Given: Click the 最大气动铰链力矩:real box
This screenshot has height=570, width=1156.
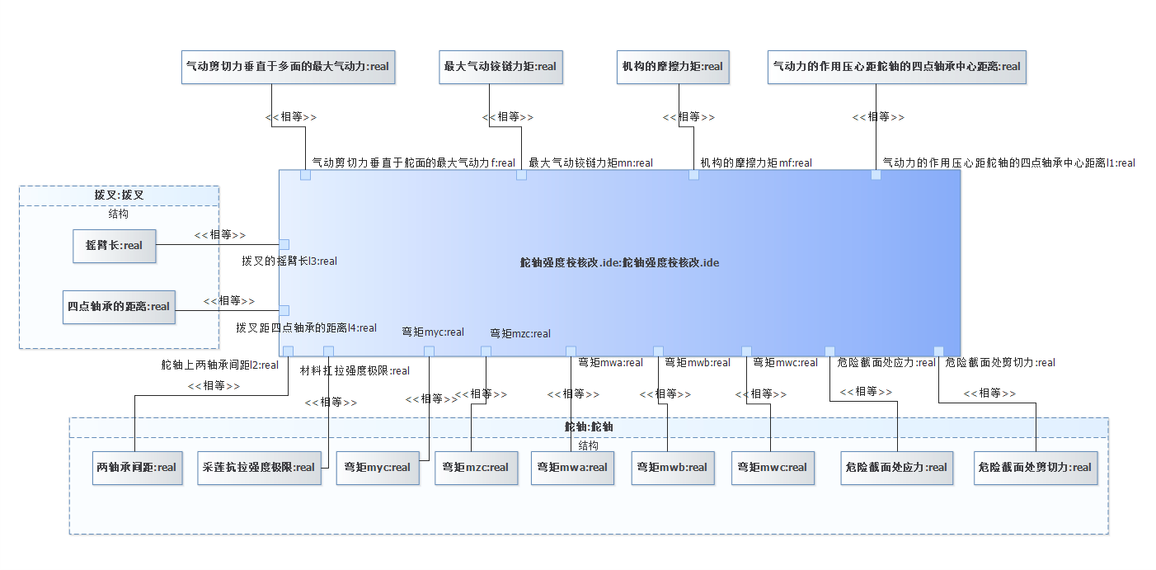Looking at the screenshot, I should tap(500, 67).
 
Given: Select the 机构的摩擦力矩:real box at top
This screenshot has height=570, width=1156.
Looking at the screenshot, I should tap(673, 67).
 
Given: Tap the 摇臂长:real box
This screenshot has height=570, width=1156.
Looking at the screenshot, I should tap(114, 245).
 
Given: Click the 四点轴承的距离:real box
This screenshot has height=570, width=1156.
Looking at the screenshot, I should tap(119, 307).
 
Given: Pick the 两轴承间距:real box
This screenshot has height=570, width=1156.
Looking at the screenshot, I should tap(136, 467).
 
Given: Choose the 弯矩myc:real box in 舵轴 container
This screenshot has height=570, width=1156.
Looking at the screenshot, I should tap(378, 467).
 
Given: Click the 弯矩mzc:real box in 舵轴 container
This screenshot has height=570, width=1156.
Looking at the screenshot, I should tap(477, 467).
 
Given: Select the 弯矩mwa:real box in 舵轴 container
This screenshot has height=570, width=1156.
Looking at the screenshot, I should tap(572, 467).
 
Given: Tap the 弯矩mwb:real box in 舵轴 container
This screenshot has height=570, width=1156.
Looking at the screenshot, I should tap(672, 467).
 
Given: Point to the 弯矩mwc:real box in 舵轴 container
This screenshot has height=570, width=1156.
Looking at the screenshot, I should tap(773, 467).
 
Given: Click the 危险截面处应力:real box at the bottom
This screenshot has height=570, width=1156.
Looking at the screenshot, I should tap(896, 467).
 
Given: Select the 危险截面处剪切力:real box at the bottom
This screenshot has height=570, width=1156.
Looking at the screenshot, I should tap(1036, 467).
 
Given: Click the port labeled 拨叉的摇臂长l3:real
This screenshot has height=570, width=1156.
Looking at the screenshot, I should tap(284, 244).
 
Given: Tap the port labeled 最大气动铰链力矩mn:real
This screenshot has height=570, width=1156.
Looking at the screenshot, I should tap(521, 175).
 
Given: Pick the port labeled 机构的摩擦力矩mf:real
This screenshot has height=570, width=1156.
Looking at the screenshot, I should tap(693, 175).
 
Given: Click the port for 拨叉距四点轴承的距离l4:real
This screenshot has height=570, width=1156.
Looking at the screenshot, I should tap(284, 310).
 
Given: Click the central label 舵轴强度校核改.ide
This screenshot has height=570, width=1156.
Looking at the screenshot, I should tap(619, 262).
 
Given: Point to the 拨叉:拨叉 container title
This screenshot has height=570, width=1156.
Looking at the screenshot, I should tap(119, 195).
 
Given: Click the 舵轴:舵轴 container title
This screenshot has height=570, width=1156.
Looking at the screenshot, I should tap(588, 426).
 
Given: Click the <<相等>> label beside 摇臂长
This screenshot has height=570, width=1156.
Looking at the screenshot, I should tap(219, 234).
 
